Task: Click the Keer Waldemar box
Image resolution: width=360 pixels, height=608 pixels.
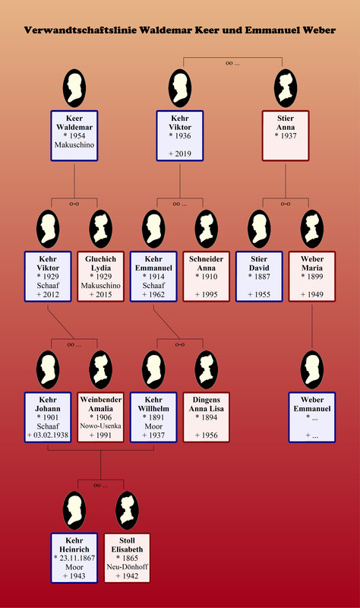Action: (x=74, y=136)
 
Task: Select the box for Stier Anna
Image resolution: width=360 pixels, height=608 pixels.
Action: (x=286, y=136)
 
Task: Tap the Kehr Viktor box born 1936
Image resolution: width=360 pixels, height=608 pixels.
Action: (x=180, y=136)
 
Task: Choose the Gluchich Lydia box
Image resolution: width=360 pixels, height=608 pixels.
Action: (x=101, y=277)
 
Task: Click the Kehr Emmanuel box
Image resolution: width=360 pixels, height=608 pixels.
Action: (x=153, y=277)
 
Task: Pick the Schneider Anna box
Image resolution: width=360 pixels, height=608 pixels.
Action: (x=206, y=277)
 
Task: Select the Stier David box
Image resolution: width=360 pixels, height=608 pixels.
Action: (x=259, y=277)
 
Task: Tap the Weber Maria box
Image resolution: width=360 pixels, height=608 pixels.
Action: (x=312, y=277)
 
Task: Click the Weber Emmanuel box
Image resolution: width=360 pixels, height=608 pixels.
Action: (x=312, y=417)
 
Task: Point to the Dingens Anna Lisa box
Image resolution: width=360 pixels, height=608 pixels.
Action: (x=206, y=417)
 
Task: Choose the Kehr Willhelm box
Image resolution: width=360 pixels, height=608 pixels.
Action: (x=153, y=417)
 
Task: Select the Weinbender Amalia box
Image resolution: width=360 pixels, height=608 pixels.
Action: (x=101, y=417)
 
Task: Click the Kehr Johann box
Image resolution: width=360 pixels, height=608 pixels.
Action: (x=48, y=417)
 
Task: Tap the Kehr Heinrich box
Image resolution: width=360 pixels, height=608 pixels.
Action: (x=74, y=558)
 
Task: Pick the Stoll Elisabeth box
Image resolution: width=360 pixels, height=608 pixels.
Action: (x=127, y=558)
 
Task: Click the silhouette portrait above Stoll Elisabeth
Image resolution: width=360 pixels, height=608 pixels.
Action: (x=127, y=510)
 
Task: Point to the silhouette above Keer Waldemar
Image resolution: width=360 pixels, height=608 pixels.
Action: (x=74, y=88)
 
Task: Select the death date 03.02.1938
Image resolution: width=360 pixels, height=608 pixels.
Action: (x=51, y=435)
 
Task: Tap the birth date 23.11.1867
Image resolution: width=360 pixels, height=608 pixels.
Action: (x=77, y=558)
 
